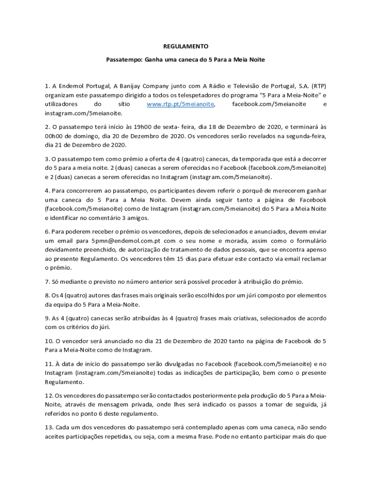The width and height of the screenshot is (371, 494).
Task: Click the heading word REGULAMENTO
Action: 185,46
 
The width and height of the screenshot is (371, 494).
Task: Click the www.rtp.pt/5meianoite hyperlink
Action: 181,104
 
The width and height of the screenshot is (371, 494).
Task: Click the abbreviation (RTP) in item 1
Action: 318,86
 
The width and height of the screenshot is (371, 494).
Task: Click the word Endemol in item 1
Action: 70,86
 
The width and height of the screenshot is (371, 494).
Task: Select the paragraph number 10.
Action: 49,341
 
